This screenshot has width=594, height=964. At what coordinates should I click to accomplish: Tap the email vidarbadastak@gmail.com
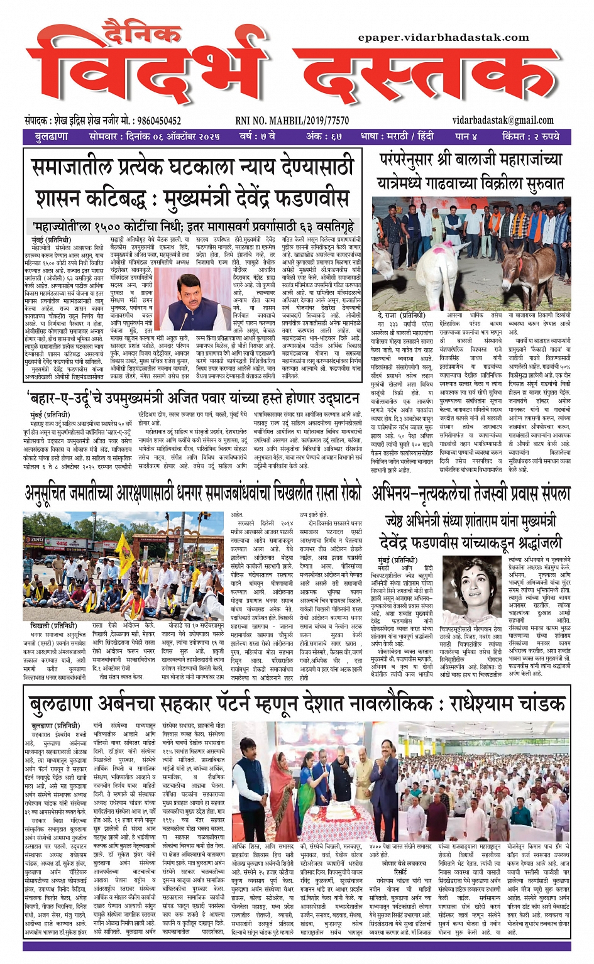pos(503,120)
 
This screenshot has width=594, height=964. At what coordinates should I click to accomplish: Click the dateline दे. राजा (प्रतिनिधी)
pos(401,315)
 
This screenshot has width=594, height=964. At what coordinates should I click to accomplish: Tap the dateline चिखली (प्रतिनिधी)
pos(53,626)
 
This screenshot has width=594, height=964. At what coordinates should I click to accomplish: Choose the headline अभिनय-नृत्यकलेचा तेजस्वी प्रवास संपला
pos(471,493)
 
